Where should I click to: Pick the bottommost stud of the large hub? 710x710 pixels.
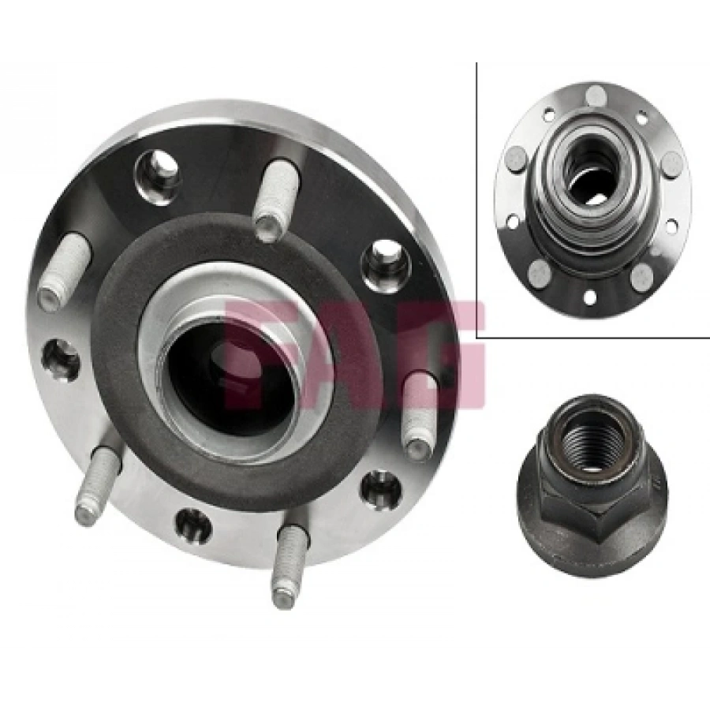pos(288,563)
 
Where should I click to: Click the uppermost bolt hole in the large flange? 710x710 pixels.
pos(158,169)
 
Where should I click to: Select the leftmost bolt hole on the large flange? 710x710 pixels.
pos(60,360)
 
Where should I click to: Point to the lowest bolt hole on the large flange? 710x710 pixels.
pos(192,524)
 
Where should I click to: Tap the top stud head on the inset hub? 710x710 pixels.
pos(597,95)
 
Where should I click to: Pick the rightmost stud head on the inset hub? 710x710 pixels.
pos(671,163)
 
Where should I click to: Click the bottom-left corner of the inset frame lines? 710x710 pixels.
pos(476,337)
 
